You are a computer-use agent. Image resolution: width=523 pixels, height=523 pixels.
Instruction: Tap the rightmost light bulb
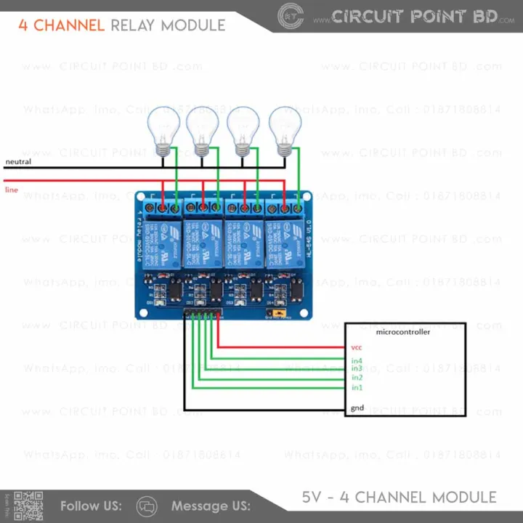(x=284, y=128)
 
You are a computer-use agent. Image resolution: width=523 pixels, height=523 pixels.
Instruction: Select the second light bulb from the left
(x=202, y=128)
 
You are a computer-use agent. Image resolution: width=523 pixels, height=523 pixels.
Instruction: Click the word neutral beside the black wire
(x=18, y=161)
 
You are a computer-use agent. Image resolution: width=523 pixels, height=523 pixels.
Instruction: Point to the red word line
(x=12, y=190)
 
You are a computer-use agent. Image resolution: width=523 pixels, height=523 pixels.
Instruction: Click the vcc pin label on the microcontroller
(x=356, y=348)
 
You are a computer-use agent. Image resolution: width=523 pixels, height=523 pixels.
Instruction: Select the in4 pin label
(x=357, y=360)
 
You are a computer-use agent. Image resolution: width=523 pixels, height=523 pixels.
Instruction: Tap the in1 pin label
(x=357, y=387)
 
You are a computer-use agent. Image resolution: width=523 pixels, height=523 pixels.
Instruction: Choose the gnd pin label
(x=357, y=408)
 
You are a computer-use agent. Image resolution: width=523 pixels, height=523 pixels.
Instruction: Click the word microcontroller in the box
(x=402, y=332)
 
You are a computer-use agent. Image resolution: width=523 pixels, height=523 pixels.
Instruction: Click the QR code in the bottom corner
(x=29, y=506)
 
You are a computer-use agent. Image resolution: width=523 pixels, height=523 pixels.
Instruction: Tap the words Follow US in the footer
(x=91, y=506)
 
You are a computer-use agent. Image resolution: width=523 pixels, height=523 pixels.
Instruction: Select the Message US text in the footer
(x=211, y=506)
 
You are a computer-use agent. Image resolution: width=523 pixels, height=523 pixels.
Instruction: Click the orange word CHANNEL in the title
(x=69, y=25)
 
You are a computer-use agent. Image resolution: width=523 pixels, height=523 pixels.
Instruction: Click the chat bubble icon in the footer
(x=147, y=506)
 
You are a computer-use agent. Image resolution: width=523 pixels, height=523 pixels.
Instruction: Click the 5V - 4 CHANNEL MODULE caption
(x=399, y=498)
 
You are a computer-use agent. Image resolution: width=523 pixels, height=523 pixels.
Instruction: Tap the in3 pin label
(x=357, y=369)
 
